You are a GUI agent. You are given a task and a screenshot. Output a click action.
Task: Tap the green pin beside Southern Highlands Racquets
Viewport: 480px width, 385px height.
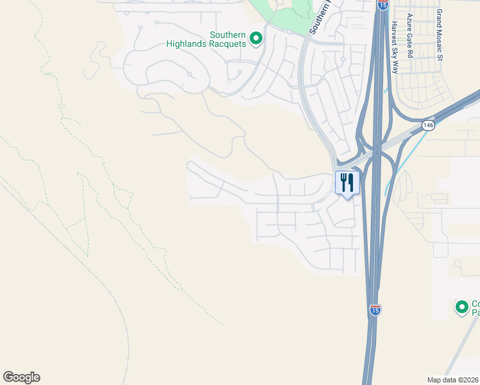click(256, 39)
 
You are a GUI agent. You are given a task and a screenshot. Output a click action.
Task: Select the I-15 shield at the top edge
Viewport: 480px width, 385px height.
click(382, 4)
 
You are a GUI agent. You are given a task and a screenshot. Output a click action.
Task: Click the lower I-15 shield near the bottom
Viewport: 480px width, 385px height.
click(375, 310)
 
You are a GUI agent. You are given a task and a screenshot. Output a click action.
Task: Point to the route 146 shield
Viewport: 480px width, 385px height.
click(428, 124)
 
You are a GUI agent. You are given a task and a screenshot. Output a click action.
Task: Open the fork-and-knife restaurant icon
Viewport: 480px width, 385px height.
click(347, 183)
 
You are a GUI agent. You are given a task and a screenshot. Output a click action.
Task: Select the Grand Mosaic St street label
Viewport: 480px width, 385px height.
click(440, 35)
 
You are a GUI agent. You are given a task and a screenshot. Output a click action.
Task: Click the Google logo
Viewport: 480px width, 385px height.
click(21, 377)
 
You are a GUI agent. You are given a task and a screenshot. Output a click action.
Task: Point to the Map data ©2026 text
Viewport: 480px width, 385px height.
click(452, 380)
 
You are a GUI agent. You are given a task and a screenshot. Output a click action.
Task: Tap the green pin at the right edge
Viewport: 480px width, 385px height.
click(461, 307)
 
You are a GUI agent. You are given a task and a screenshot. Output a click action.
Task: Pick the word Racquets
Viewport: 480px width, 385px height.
click(227, 44)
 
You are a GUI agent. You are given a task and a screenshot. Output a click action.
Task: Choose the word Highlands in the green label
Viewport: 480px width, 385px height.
click(185, 44)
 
